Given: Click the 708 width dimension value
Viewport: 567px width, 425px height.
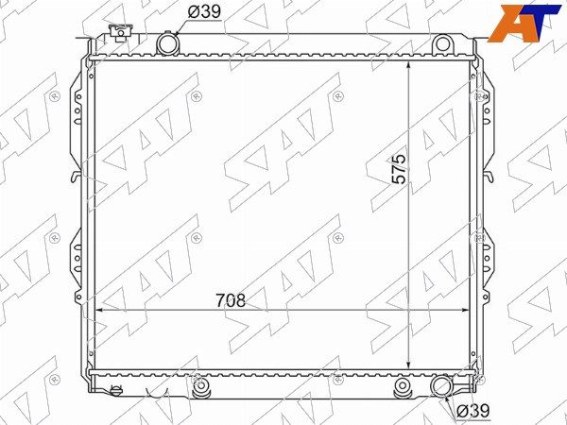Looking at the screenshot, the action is click(231, 300).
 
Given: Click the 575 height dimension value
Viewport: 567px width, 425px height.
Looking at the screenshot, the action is click(400, 169).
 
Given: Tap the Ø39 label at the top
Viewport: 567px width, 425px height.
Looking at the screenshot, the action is click(204, 12).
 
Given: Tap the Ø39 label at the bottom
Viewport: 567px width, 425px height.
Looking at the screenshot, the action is click(473, 411).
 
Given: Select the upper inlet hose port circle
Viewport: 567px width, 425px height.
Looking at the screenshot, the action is click(167, 43).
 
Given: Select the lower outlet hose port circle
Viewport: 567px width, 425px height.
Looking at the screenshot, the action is click(442, 386).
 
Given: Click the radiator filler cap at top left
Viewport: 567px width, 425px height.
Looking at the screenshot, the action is click(121, 32).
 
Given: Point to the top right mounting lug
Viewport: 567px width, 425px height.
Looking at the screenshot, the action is click(442, 43).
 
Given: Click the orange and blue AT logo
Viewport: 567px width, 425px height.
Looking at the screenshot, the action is click(524, 23).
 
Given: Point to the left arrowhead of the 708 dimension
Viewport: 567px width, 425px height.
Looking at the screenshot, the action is click(99, 310).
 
